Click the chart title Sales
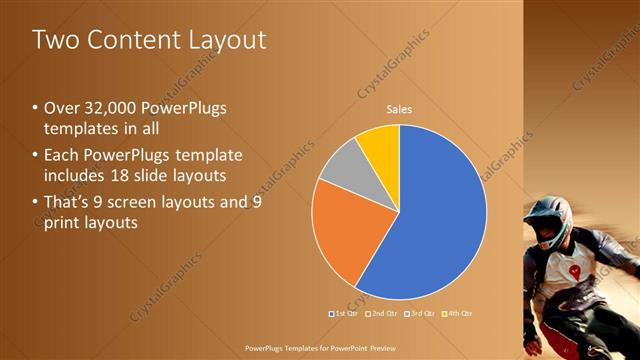coord(399,109)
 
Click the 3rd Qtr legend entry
coord(418,313)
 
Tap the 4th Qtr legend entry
coord(455,313)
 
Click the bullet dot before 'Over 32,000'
coord(35,108)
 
